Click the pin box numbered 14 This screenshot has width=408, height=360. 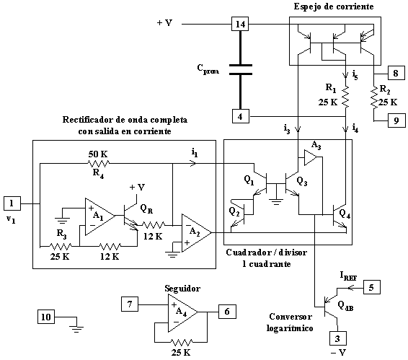pos(240,25)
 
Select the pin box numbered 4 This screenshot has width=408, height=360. pos(241,116)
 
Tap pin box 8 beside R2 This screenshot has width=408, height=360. pos(396,73)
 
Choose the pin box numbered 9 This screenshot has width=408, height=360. pos(396,120)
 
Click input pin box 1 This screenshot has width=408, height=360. pos(12,203)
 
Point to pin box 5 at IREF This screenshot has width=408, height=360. pos(371,287)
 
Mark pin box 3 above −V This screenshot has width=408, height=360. pos(338,338)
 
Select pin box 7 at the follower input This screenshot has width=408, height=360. pos(130,304)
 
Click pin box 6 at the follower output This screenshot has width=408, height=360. pos(227,311)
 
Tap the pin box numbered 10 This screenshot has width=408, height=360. pos(46,317)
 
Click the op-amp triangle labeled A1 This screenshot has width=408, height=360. pos(100,216)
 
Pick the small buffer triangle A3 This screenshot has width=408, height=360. pos(311,157)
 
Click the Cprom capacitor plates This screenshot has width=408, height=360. pos(241,69)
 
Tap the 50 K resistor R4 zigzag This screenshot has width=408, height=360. pos(98,164)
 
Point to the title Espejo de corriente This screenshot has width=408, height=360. pos(334,6)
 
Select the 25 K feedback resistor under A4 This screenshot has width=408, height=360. pos(182,342)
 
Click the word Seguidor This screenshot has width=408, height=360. pos(182,289)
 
